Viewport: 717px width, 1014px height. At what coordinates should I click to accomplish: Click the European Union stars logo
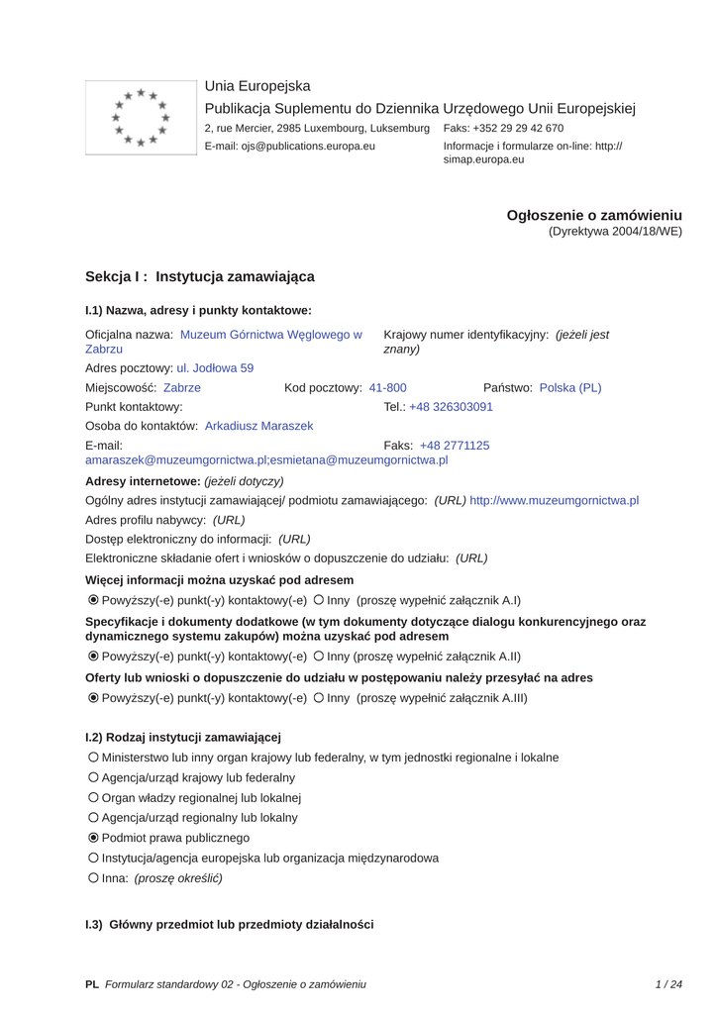click(x=141, y=118)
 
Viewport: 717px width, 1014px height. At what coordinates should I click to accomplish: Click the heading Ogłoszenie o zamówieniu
click(x=594, y=215)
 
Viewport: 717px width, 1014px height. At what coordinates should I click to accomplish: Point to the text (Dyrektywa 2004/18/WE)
click(x=615, y=232)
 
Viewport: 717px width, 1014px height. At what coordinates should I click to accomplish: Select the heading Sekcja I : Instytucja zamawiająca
click(x=200, y=276)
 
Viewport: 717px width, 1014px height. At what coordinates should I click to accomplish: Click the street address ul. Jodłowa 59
click(x=215, y=367)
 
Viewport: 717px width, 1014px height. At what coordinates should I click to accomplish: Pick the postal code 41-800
click(x=387, y=387)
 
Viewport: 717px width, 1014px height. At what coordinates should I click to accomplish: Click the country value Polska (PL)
click(x=570, y=387)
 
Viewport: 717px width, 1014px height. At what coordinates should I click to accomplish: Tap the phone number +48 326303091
click(x=451, y=407)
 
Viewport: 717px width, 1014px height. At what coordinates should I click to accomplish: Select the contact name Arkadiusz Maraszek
click(x=258, y=426)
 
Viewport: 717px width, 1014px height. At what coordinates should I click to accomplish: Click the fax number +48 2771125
click(x=455, y=446)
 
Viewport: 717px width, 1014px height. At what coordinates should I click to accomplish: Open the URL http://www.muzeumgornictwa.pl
click(x=555, y=500)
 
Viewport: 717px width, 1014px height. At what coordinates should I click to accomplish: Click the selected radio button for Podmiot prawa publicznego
click(x=93, y=838)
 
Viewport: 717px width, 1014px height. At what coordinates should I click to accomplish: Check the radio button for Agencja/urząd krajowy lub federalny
click(x=93, y=777)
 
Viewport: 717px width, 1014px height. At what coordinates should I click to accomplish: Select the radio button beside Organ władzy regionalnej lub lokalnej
click(x=93, y=797)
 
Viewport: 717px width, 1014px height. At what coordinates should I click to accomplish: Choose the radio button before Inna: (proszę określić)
click(x=93, y=877)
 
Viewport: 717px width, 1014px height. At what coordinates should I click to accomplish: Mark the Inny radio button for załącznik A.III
click(x=319, y=698)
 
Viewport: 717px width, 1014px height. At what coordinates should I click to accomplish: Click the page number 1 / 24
click(x=669, y=984)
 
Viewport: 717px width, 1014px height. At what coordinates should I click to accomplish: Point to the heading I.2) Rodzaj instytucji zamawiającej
click(x=183, y=737)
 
